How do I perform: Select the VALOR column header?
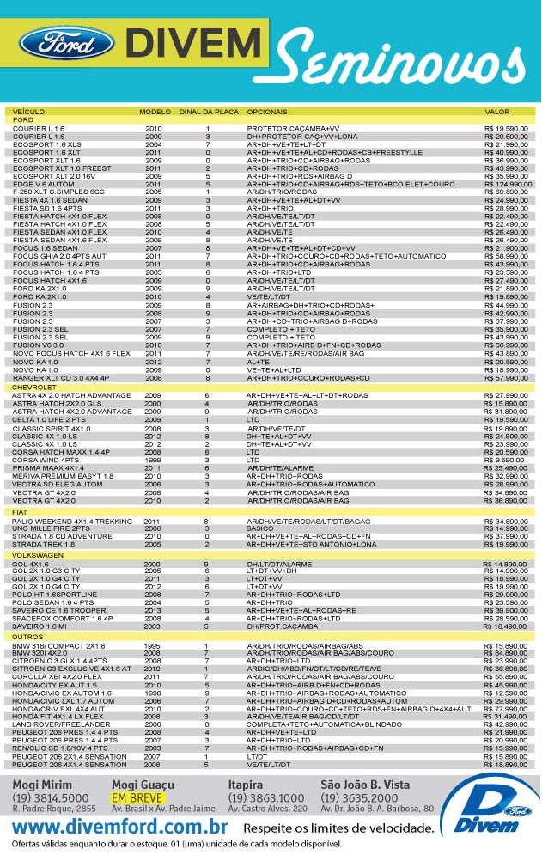tap(497, 112)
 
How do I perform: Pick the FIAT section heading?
tap(21, 512)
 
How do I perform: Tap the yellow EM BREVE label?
tap(131, 797)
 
